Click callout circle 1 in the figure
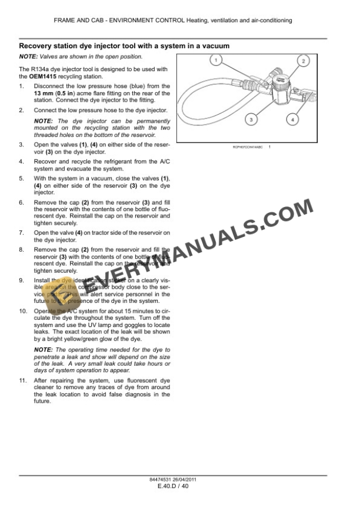point(216,60)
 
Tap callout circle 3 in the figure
point(251,119)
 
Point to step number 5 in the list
point(22,178)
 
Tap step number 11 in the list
point(24,380)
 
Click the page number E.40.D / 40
point(173,486)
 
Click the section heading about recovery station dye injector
point(124,45)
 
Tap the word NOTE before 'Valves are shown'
point(28,56)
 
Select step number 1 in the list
point(22,86)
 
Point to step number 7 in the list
point(22,232)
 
